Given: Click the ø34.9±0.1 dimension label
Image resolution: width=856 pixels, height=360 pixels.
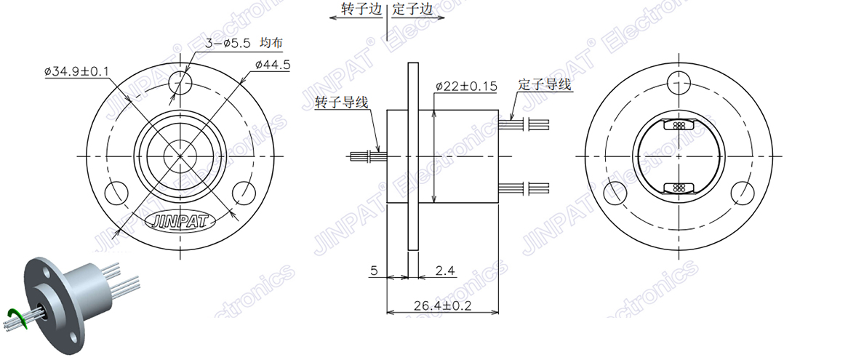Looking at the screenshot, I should click(76, 71).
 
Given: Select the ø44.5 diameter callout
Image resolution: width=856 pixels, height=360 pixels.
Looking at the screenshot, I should click(273, 65).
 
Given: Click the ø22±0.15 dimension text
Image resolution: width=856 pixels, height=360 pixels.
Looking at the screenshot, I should click(466, 86).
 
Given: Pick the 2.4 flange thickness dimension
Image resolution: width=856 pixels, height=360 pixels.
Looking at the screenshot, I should click(444, 271).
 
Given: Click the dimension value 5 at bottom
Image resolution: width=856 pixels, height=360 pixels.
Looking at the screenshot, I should click(374, 271).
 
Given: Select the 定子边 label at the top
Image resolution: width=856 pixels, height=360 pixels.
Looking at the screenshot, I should click(413, 9).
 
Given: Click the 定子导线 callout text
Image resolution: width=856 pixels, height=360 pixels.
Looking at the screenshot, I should click(545, 84).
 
